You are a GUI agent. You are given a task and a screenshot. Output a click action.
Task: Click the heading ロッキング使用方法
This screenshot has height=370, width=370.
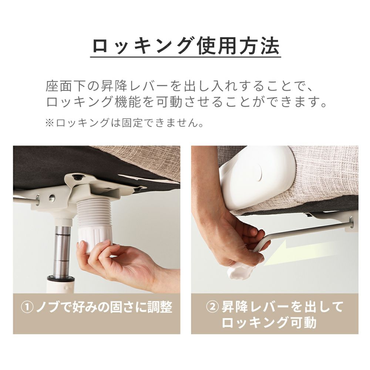pos(186,46)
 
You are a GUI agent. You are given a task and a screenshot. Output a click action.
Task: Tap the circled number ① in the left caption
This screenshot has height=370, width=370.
pos(27,307)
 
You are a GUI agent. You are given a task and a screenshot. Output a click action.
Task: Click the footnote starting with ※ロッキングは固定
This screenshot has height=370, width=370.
pos(124,123)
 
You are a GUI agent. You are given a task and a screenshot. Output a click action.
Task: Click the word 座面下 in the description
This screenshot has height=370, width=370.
pos(65,86)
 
